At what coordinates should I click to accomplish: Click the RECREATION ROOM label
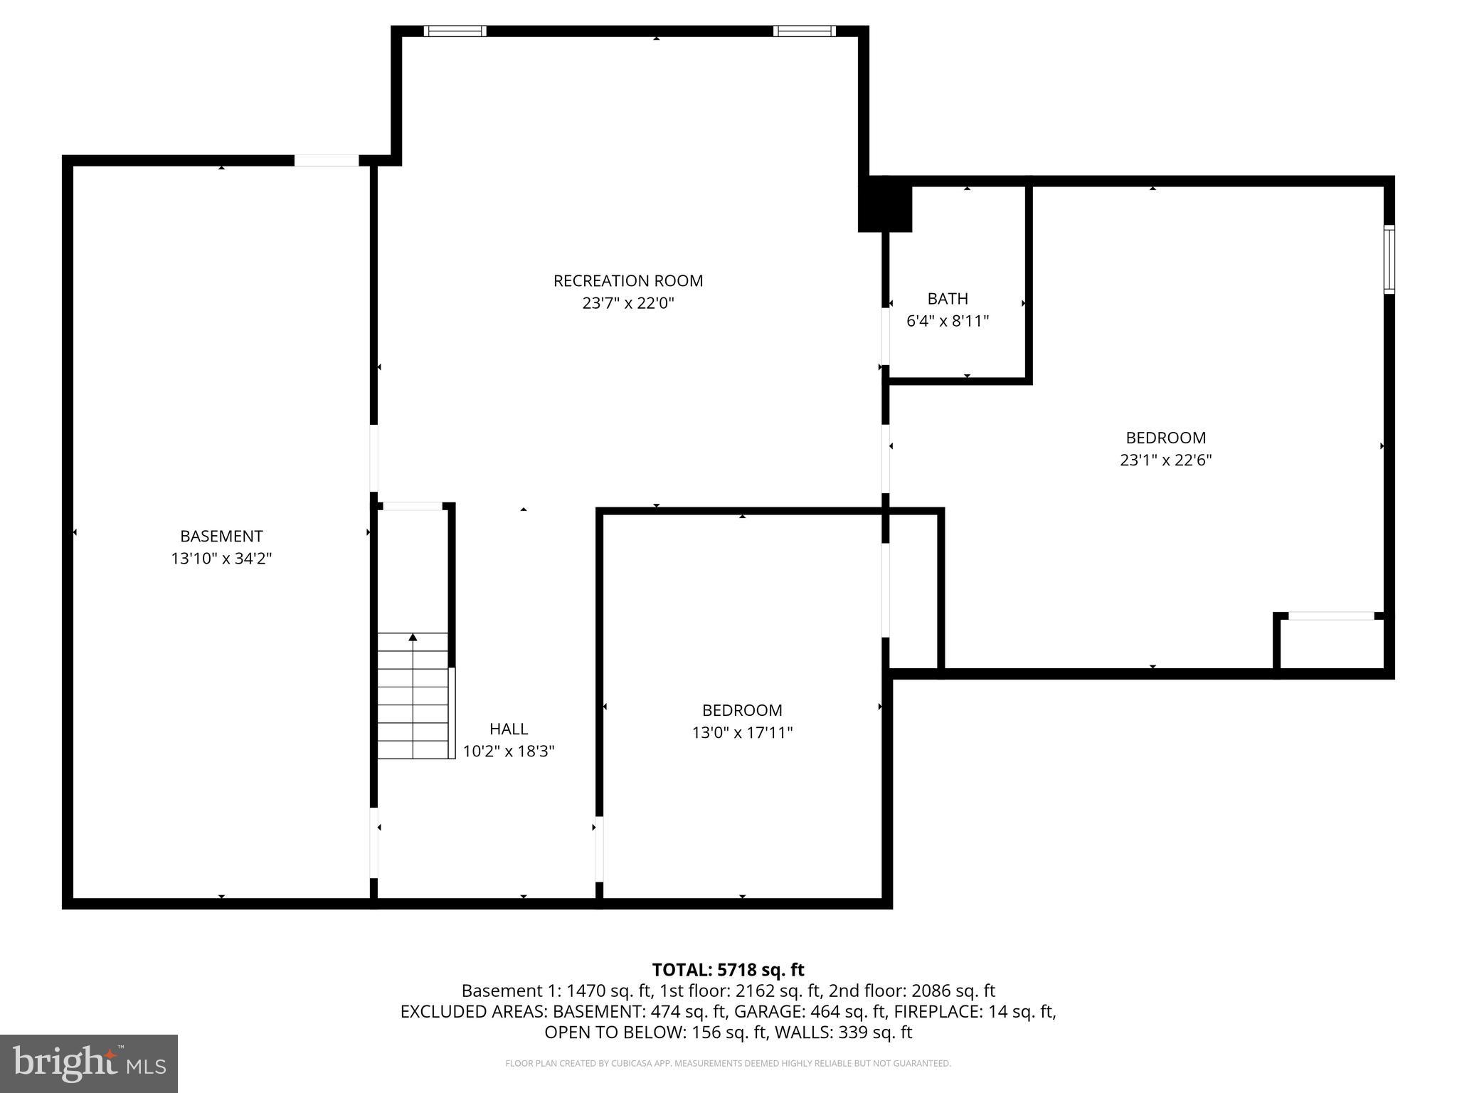pos(627,281)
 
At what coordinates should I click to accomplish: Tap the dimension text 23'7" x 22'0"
pos(627,304)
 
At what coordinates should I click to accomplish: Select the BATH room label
pos(947,299)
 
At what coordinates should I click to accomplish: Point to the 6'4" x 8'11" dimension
pos(947,321)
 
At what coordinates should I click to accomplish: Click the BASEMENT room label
pos(221,537)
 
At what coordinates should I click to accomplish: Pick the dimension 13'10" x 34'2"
pos(221,559)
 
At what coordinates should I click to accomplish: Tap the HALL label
pos(509,729)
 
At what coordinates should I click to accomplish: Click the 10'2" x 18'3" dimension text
pos(509,751)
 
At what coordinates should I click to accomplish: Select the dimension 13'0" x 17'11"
pos(742,733)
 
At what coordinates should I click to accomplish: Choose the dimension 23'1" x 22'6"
pos(1165,460)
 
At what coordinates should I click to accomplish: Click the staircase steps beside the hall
pos(413,704)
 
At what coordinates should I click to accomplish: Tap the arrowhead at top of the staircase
pos(413,638)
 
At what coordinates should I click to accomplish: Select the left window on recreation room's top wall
pos(455,31)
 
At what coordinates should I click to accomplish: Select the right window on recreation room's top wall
pos(805,31)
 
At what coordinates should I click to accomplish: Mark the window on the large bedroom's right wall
pos(1389,259)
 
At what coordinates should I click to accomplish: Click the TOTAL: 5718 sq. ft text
pos(728,970)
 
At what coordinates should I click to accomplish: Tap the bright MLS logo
pos(89,1063)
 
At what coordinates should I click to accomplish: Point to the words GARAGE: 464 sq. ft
pos(810,1012)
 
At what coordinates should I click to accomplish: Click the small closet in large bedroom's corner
pos(1330,644)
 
